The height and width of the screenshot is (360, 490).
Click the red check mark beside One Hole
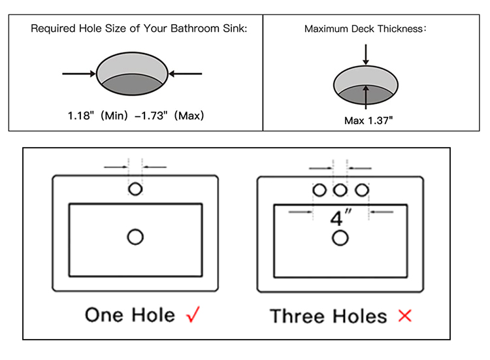click(193, 314)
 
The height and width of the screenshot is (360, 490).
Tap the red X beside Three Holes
click(405, 316)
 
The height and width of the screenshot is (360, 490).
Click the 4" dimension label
click(340, 218)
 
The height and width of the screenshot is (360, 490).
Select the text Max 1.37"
click(368, 120)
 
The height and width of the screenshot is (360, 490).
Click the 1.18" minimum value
click(80, 116)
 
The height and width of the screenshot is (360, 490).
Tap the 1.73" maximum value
click(152, 116)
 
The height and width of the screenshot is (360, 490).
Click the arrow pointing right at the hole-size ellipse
click(79, 74)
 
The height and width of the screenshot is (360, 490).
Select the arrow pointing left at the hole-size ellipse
click(186, 74)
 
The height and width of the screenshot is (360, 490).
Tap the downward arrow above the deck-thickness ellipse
click(366, 55)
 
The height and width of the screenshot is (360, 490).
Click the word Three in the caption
click(297, 316)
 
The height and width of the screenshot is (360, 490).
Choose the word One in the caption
click(104, 315)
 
